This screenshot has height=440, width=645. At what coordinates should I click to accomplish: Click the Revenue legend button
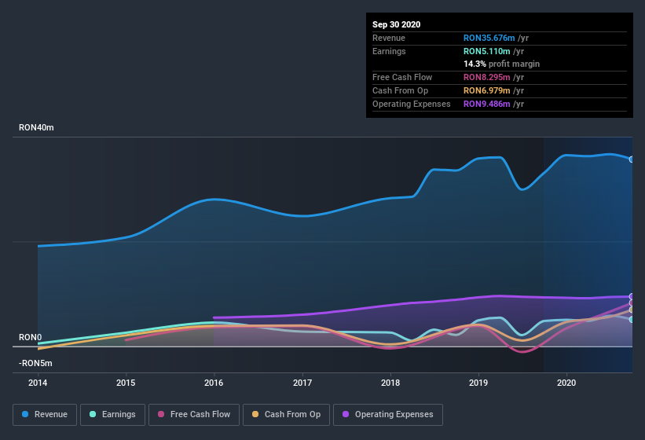click(x=45, y=414)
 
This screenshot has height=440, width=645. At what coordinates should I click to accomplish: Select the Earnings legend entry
click(x=112, y=414)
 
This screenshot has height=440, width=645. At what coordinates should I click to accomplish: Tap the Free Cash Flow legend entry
click(x=193, y=414)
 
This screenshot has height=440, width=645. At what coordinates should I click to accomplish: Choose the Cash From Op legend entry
click(x=285, y=414)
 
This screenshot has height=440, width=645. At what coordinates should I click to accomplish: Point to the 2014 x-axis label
click(x=38, y=383)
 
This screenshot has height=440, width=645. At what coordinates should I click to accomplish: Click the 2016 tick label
click(x=214, y=383)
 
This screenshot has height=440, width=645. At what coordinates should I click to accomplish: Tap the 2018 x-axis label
click(x=390, y=383)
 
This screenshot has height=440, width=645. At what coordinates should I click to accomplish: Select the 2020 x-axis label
click(x=566, y=383)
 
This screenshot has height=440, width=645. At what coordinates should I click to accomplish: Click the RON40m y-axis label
click(x=37, y=127)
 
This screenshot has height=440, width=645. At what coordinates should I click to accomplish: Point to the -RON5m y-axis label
click(x=36, y=363)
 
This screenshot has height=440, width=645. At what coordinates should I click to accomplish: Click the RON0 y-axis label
click(x=30, y=337)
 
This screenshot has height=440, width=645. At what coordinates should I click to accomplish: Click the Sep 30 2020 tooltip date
click(x=397, y=24)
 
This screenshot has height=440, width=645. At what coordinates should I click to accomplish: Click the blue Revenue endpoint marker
click(x=632, y=159)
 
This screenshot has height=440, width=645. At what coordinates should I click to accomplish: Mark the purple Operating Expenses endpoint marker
click(x=632, y=296)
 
